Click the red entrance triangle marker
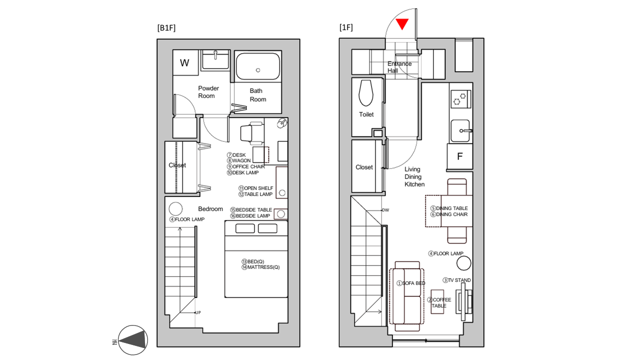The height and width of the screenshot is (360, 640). coord(402,24)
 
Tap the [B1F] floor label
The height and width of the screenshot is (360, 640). coord(166,28)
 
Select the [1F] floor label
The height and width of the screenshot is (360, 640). coord(346,27)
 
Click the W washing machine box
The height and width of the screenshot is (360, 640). coord(185,62)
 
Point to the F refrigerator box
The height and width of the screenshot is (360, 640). coord(459,156)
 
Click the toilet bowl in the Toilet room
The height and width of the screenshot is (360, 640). coord(366,93)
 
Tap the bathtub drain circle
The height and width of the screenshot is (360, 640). coord(258,70)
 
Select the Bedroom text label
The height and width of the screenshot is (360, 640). coord(210,209)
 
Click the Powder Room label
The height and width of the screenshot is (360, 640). coord(208,92)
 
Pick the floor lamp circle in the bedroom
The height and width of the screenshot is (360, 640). coord(175,209)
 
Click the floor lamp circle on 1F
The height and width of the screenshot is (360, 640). coord(463,263)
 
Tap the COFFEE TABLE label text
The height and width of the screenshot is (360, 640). coord(439,303)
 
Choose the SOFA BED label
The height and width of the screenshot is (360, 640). coord(411,283)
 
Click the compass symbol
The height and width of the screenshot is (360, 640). coord(133,340)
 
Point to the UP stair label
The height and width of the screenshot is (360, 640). coord(198,312)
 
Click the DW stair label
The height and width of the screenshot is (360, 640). coord(385,210)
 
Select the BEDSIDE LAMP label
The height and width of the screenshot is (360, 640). coord(250,215)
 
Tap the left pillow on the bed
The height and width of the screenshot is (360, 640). coord(245,228)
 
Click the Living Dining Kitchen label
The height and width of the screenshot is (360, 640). coord(414,177)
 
